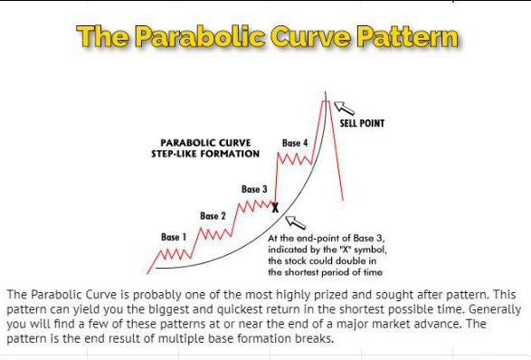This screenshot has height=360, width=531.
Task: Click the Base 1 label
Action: [174, 237]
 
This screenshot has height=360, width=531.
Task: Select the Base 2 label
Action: [213, 216]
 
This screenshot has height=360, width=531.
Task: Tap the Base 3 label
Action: [254, 189]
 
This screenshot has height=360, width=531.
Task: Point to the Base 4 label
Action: [295, 143]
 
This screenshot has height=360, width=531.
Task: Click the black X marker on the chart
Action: [275, 208]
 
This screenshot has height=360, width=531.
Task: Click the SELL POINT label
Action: [362, 123]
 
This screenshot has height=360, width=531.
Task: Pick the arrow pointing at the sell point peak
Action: [344, 108]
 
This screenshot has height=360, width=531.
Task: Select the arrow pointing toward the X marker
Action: [295, 223]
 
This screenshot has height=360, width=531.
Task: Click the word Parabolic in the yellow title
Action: [201, 36]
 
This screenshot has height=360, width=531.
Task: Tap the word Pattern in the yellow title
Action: [407, 36]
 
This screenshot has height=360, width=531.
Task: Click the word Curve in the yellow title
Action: [310, 36]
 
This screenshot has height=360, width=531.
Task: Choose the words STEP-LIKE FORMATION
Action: [205, 154]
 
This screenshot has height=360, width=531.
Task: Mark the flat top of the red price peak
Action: [326, 101]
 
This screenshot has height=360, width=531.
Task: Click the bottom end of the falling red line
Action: [343, 200]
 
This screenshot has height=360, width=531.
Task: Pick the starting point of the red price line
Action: [147, 273]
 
